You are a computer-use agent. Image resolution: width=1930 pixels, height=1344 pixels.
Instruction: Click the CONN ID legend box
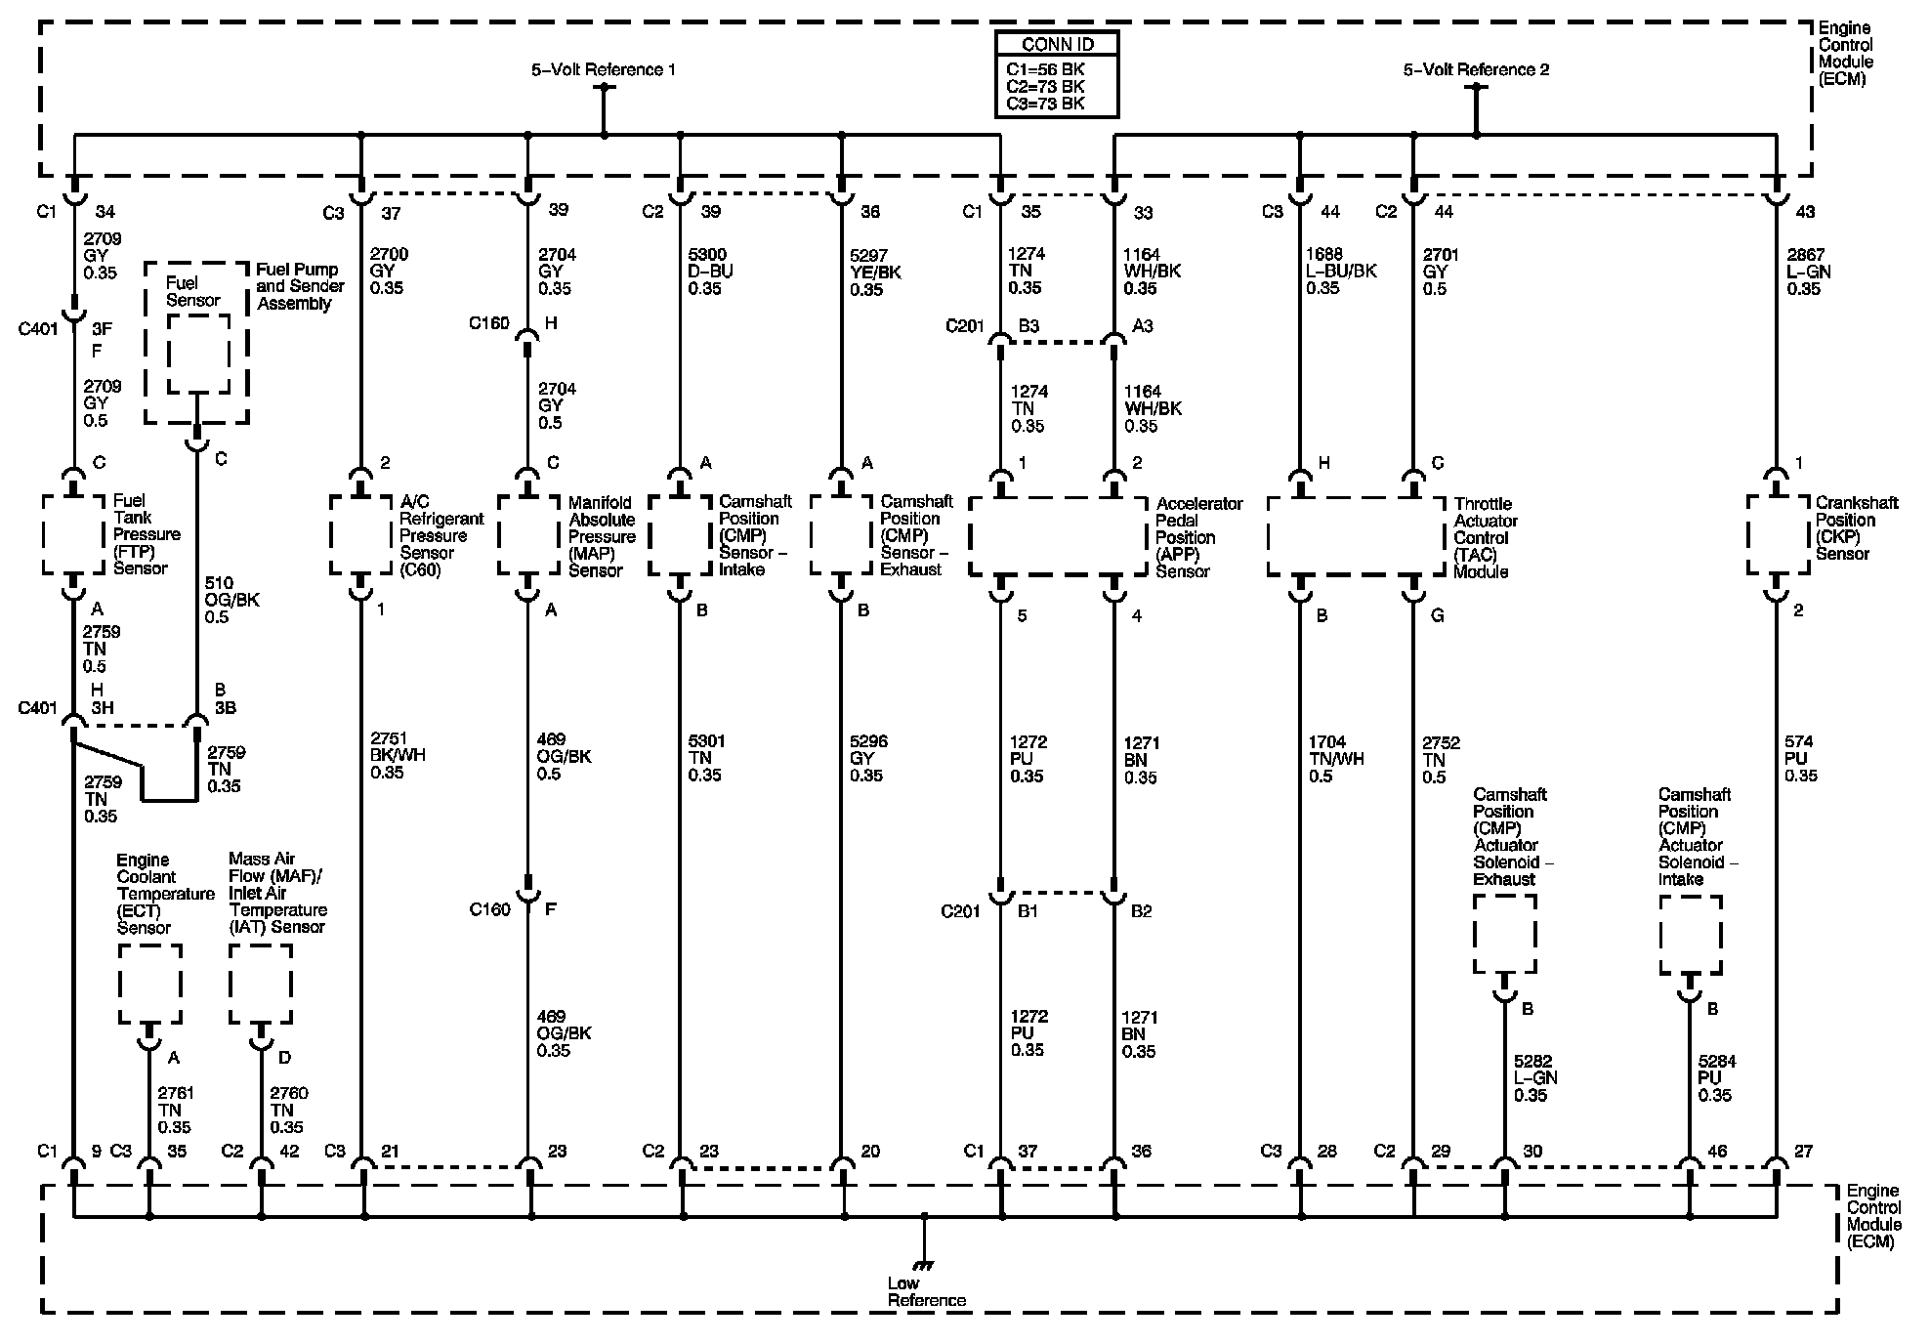tap(1057, 74)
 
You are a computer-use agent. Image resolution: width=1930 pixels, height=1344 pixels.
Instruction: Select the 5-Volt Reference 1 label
tap(603, 69)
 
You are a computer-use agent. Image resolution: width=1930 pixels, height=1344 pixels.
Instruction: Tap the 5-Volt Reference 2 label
tap(1476, 69)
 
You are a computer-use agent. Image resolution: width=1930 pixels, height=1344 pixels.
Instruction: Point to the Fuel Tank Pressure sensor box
tap(73, 535)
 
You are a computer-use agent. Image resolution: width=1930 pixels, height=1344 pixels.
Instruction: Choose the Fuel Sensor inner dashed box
tap(197, 353)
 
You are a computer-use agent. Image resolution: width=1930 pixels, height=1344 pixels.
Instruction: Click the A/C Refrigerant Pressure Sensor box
tap(361, 535)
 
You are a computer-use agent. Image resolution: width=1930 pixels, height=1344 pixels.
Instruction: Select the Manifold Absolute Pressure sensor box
tap(528, 535)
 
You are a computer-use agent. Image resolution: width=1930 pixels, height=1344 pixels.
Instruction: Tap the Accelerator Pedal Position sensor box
tap(1058, 536)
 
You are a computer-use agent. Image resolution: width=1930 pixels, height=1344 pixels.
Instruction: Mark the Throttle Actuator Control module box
tap(1356, 536)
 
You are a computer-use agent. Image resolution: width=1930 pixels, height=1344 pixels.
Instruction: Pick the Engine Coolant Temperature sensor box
tap(149, 983)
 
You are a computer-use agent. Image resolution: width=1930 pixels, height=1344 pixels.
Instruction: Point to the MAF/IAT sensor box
tap(260, 983)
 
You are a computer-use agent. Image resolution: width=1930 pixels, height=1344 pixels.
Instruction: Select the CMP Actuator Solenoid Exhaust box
tap(1504, 934)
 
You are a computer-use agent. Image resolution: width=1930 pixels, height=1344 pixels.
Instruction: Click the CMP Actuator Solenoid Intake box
tap(1690, 934)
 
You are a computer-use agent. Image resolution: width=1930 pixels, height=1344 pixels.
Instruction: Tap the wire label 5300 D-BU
tap(709, 272)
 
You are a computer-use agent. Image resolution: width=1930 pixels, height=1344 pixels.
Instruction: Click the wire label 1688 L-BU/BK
tap(1339, 271)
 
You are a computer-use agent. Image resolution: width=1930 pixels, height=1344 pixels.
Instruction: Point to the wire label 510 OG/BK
tap(231, 600)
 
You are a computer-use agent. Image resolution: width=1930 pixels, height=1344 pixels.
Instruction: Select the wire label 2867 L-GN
tap(1809, 272)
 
